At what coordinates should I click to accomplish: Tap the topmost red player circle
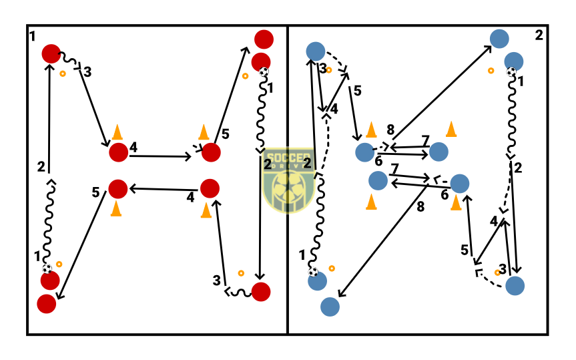(263, 39)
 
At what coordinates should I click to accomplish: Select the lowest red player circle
(47, 304)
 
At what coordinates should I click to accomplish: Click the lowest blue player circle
(330, 307)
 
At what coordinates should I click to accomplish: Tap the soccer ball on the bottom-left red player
(47, 268)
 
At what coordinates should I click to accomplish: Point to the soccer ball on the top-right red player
(264, 71)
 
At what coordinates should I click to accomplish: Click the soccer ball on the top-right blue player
(511, 71)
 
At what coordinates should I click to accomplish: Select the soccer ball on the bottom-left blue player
(313, 271)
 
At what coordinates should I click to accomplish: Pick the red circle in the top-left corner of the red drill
(51, 53)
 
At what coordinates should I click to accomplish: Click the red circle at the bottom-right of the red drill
(261, 292)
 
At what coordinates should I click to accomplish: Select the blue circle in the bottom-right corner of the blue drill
(515, 286)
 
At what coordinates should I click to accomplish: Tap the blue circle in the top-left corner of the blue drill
(315, 51)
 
